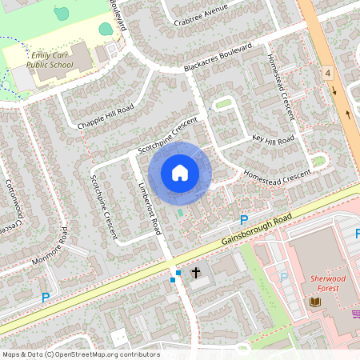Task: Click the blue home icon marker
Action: pyautogui.click(x=180, y=173)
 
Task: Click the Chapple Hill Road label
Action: pyautogui.click(x=106, y=115)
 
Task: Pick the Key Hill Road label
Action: pyautogui.click(x=274, y=138)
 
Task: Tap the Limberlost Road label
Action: pyautogui.click(x=150, y=206)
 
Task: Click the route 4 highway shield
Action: pyautogui.click(x=328, y=73)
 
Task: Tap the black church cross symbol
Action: pyautogui.click(x=195, y=272)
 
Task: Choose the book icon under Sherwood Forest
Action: pyautogui.click(x=314, y=301)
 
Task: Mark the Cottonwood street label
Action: pyautogui.click(x=16, y=200)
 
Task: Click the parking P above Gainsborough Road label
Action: pyautogui.click(x=244, y=219)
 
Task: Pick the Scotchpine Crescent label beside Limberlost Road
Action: pyautogui.click(x=105, y=207)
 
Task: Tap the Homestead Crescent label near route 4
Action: pyautogui.click(x=283, y=90)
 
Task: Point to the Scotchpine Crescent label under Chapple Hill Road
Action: pyautogui.click(x=168, y=137)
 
